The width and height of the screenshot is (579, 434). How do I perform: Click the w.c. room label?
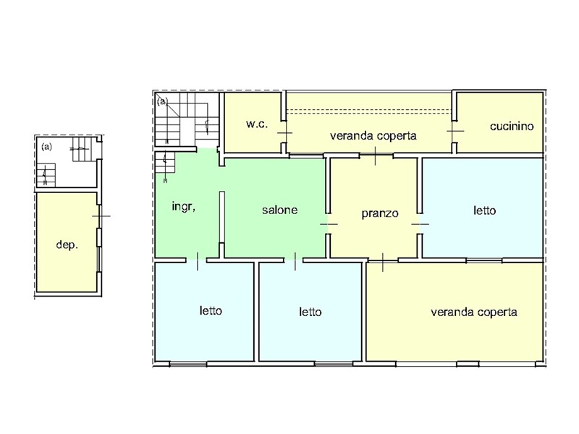(x=257, y=124)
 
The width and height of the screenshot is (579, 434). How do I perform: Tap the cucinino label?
(x=512, y=126)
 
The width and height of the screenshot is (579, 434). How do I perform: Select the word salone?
(x=279, y=210)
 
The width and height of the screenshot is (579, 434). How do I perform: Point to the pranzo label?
(x=379, y=213)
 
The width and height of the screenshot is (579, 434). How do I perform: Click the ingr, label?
(x=184, y=206)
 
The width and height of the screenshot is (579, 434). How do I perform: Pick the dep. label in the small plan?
(x=67, y=244)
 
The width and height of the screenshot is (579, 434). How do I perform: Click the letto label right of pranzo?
(x=484, y=210)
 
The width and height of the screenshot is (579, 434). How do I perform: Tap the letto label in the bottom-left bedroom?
(x=211, y=310)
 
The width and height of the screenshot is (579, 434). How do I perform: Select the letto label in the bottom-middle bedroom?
(x=310, y=312)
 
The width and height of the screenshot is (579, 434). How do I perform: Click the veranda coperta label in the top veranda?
(x=373, y=136)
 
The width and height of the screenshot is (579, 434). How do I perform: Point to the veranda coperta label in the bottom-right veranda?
(x=474, y=312)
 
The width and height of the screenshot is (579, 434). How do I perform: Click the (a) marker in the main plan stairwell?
(x=162, y=101)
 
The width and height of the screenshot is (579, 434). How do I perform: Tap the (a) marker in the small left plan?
(x=46, y=147)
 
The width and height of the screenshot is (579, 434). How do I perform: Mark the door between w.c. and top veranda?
(x=284, y=132)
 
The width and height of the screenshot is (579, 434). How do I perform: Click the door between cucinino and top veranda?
(x=455, y=131)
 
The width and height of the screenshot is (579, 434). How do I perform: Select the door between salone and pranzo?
(x=328, y=224)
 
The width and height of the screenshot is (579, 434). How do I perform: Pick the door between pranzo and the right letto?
(x=420, y=224)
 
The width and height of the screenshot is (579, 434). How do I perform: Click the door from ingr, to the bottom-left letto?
(x=197, y=260)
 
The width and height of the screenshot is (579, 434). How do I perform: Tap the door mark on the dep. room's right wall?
(x=100, y=216)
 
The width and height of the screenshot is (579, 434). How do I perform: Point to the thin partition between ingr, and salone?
(x=222, y=217)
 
